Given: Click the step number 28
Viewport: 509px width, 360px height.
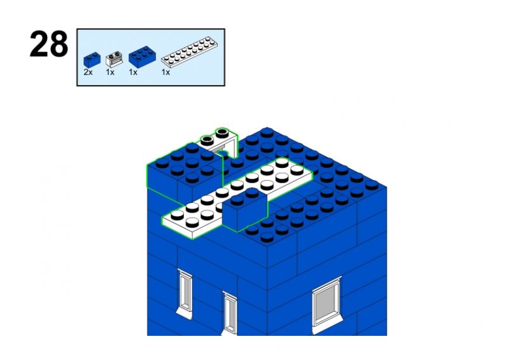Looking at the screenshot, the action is (x=49, y=44).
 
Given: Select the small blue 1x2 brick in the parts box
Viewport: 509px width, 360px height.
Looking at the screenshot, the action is (x=92, y=60).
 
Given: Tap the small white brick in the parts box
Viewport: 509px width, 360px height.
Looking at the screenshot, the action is (x=114, y=59).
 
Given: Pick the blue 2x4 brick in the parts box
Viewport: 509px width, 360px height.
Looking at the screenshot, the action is (x=142, y=57).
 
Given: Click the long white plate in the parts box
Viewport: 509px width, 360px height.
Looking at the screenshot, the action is (x=189, y=52).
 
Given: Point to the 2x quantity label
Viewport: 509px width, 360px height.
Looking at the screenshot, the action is (x=88, y=73).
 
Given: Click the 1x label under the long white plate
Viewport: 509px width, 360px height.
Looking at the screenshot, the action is (x=165, y=73).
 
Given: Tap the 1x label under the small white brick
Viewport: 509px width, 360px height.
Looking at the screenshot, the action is (x=110, y=73).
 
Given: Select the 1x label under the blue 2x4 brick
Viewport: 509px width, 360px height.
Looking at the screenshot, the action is (x=133, y=73).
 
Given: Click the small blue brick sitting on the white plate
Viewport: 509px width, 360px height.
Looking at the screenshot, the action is (x=245, y=211).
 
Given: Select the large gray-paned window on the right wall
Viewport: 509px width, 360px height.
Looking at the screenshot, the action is (x=326, y=303).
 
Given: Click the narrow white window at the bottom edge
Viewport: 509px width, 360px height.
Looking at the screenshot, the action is (x=230, y=314).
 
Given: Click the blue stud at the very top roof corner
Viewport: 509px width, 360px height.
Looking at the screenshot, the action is (x=267, y=132).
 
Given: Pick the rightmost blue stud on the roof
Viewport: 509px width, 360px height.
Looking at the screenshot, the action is (x=372, y=185).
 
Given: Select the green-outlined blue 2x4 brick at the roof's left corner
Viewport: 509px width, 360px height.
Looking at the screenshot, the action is (x=185, y=171).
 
